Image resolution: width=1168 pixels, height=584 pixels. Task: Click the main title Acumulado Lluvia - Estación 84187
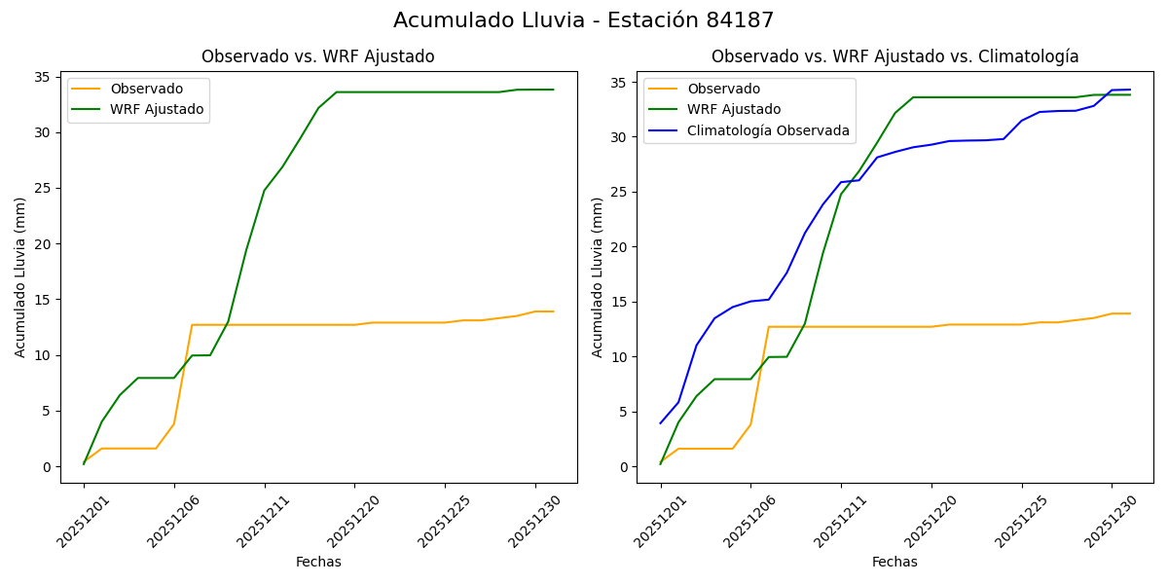coord(584,20)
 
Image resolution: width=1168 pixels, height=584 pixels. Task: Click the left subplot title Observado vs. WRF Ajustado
coord(317,56)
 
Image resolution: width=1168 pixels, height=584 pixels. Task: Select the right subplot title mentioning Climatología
coord(894,56)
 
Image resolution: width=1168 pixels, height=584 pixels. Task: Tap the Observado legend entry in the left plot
coord(146,89)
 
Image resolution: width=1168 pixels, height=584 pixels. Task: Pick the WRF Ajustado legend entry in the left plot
coord(157,109)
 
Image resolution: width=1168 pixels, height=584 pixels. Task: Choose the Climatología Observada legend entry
coord(768,130)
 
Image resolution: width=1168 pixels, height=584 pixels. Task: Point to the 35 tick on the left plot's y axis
coord(43,77)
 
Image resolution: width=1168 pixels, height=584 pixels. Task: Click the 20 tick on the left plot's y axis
coord(43,244)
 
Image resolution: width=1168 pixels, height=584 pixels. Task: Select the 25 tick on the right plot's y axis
coord(620,192)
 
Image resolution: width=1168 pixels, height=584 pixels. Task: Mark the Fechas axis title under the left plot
coord(318,562)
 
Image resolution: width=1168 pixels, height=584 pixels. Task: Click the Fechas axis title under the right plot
coord(894,562)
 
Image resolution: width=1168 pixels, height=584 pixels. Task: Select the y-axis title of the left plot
coord(20,276)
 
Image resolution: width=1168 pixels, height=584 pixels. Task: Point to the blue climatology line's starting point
coord(661,422)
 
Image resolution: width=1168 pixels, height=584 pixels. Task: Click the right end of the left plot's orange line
coord(553,311)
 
